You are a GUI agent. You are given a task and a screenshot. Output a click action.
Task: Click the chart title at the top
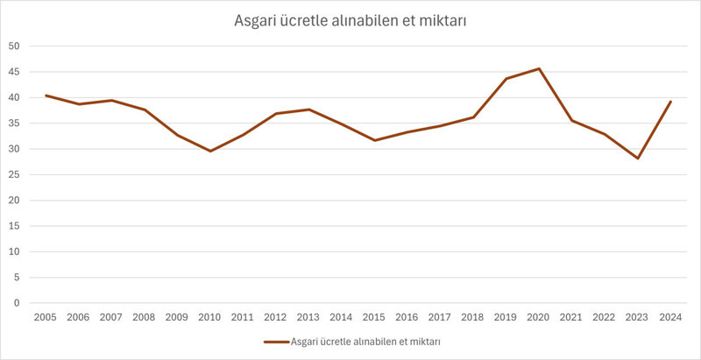point(350,21)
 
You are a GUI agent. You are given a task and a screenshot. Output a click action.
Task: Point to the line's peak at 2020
point(539,68)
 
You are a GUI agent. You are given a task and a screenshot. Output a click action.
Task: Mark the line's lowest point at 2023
point(638,159)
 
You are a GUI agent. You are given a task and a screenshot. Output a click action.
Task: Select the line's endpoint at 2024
point(670,102)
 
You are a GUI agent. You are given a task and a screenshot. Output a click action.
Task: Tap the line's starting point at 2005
point(46,95)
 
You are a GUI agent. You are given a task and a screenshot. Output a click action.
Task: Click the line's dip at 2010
point(210,152)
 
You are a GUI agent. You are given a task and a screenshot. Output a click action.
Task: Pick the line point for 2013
point(308,109)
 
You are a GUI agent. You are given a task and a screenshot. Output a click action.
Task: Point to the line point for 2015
point(374,140)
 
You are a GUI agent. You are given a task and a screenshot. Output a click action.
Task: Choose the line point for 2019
point(506,79)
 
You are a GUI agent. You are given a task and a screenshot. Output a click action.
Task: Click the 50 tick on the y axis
point(15,46)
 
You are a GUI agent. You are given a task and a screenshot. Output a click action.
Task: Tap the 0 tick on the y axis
point(18,303)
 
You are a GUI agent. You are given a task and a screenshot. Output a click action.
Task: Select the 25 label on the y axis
point(15,174)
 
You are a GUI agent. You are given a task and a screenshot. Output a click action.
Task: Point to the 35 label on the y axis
point(15,123)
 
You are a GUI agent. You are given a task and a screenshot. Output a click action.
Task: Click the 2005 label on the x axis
point(46,318)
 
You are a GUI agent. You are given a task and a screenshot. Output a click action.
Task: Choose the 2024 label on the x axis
point(670,318)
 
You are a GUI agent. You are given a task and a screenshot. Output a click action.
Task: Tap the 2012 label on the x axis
point(276,318)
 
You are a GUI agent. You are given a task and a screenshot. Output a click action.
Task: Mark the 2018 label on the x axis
point(473,318)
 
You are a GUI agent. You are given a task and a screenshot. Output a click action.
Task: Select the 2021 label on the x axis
point(571,318)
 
